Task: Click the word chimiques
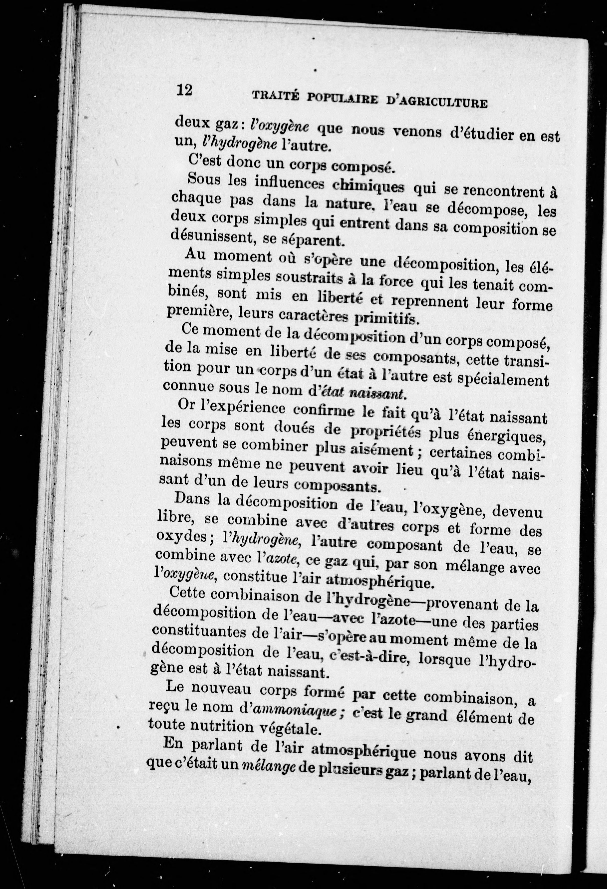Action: (368, 187)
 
